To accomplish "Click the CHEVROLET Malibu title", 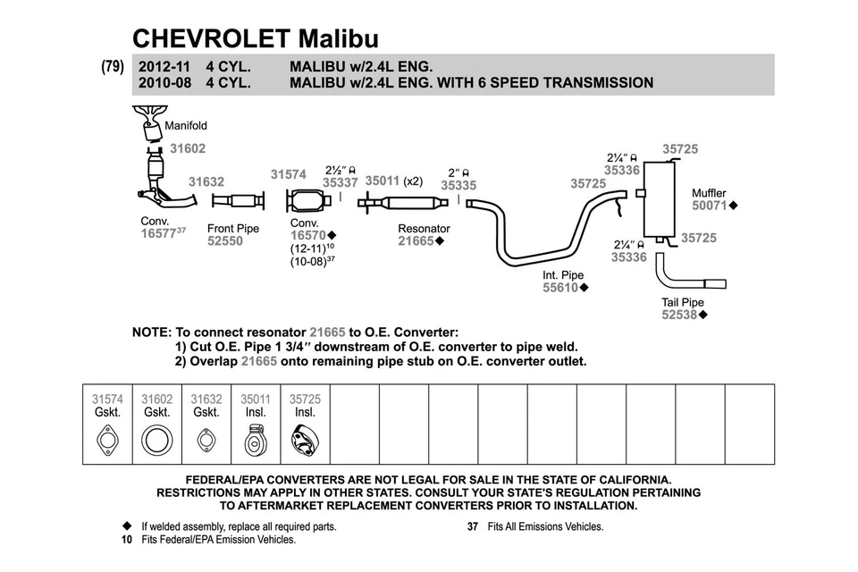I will tap(255, 38).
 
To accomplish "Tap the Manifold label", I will tap(186, 126).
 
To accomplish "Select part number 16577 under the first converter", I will tap(158, 233).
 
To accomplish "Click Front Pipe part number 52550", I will tap(225, 241).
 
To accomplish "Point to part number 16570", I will tap(308, 235).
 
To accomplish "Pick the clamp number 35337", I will tap(340, 182).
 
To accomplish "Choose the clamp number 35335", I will tap(458, 186).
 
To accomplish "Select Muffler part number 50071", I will tap(710, 206).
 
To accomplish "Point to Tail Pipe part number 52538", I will tap(680, 315).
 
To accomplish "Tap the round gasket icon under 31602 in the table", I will tap(157, 441).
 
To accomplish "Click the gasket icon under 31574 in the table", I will tap(108, 441).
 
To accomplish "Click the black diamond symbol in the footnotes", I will tap(127, 526).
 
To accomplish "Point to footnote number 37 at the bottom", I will tap(473, 526).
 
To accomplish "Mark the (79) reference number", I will tap(113, 66).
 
